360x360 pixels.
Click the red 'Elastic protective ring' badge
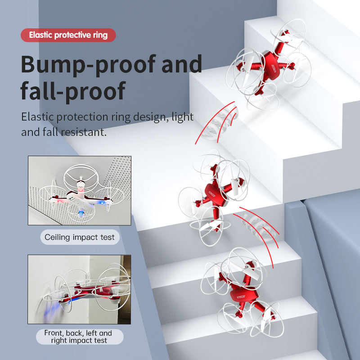click(x=68, y=35)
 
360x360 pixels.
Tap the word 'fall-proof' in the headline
click(x=73, y=91)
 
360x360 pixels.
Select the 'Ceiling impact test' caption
click(x=80, y=237)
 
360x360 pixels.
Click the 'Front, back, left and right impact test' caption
click(x=80, y=337)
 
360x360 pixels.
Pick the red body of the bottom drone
click(x=243, y=296)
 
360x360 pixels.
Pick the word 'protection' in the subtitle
click(x=83, y=117)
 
